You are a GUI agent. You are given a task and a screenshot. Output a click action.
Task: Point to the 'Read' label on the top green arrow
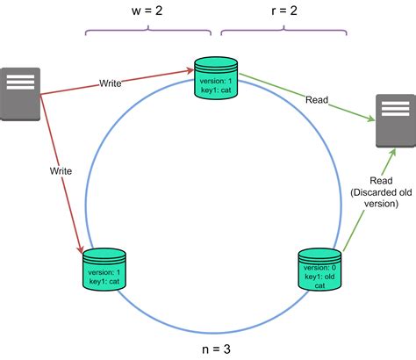[x=316, y=101]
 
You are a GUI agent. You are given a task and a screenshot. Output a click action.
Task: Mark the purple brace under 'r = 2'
[x=283, y=32]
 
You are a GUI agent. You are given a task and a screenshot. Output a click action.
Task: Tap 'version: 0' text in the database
[x=321, y=266]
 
